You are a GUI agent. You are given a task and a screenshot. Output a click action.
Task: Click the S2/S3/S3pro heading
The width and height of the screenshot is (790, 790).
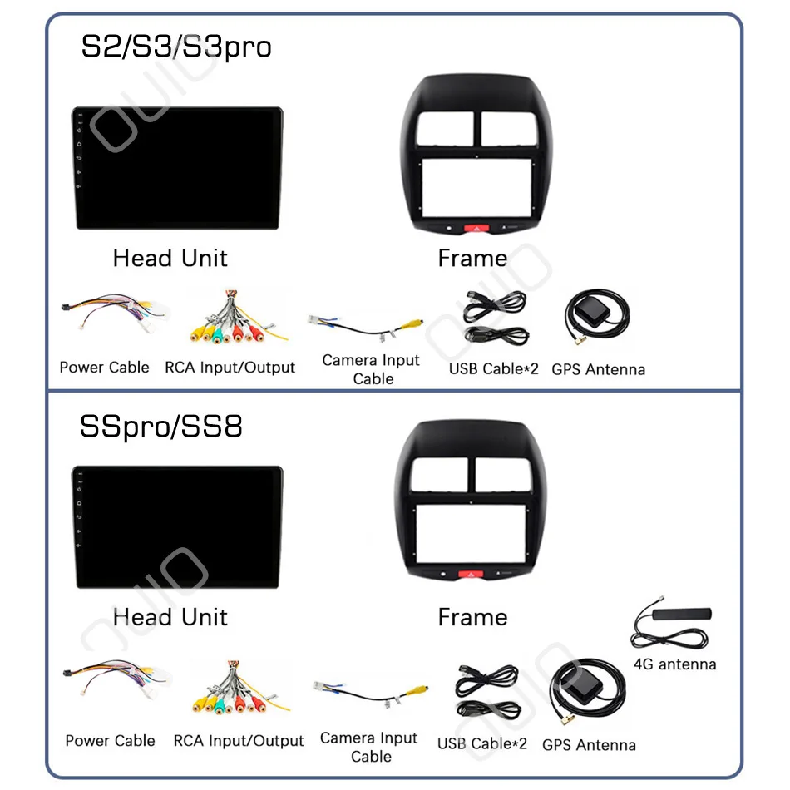tap(175, 47)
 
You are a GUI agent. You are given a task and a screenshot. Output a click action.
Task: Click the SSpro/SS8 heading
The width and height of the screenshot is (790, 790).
tap(161, 427)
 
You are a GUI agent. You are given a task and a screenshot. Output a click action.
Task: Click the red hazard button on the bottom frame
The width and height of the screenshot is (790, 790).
tap(467, 574)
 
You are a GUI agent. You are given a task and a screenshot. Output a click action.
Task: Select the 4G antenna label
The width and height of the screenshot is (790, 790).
tap(674, 664)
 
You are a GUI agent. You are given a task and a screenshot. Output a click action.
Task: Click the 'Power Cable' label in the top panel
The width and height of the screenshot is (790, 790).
tap(105, 368)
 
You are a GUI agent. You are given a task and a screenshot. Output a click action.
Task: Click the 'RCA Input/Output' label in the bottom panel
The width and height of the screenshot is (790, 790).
tap(239, 740)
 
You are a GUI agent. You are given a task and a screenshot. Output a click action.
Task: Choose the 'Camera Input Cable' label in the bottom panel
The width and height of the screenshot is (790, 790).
tap(368, 747)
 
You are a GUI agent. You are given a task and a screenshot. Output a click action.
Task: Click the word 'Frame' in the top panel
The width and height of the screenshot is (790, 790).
tap(472, 259)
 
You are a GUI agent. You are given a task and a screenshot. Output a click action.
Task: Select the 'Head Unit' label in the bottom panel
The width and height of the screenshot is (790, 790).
tap(170, 617)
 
